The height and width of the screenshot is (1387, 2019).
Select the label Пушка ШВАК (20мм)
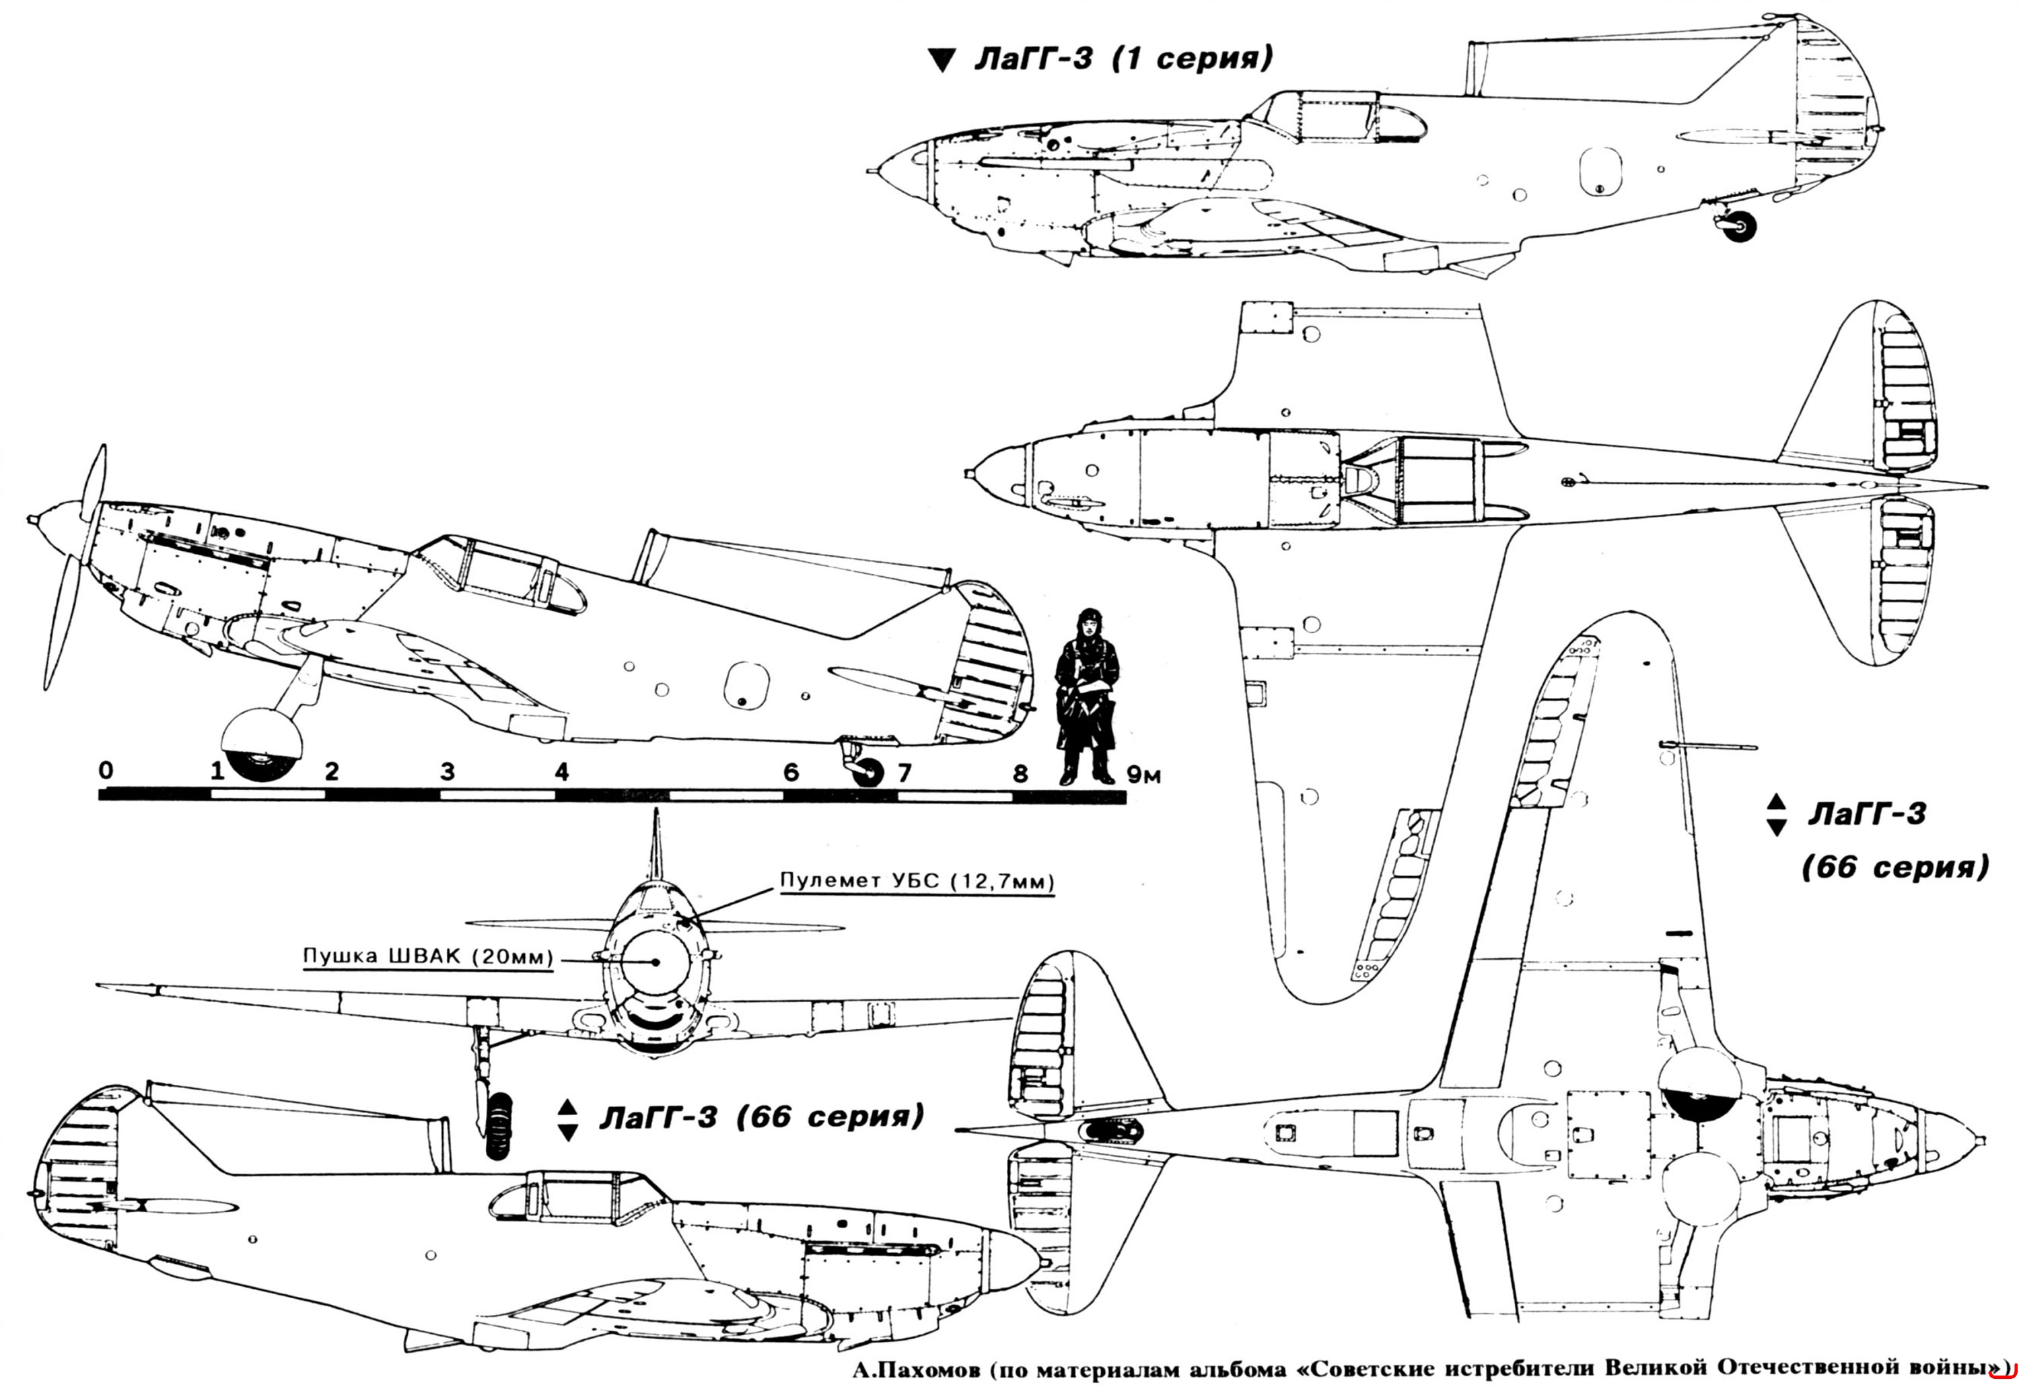click(x=427, y=958)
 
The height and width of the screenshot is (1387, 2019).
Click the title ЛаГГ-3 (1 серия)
click(x=1122, y=61)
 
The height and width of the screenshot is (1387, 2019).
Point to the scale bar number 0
click(x=105, y=771)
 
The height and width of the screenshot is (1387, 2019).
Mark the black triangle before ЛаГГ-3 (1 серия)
click(x=942, y=61)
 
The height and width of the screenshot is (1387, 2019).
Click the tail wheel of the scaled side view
click(x=868, y=773)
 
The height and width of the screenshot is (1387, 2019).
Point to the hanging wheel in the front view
click(x=499, y=1125)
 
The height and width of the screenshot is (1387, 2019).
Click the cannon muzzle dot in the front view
click(x=654, y=961)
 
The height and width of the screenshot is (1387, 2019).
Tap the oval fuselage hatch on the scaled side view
click(x=748, y=686)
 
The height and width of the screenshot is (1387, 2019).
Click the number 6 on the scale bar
click(x=791, y=772)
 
